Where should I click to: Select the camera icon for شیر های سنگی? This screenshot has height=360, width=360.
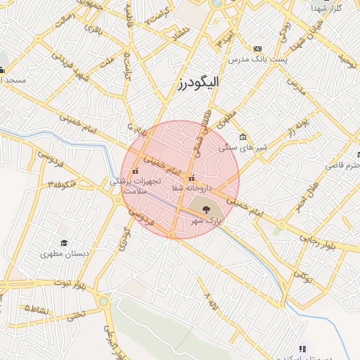tap(243, 137)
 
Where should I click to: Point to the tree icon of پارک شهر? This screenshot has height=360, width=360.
tap(205, 210)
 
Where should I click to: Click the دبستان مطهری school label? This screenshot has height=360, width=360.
tap(63, 254)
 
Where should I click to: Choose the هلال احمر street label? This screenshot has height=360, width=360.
tap(307, 195)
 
